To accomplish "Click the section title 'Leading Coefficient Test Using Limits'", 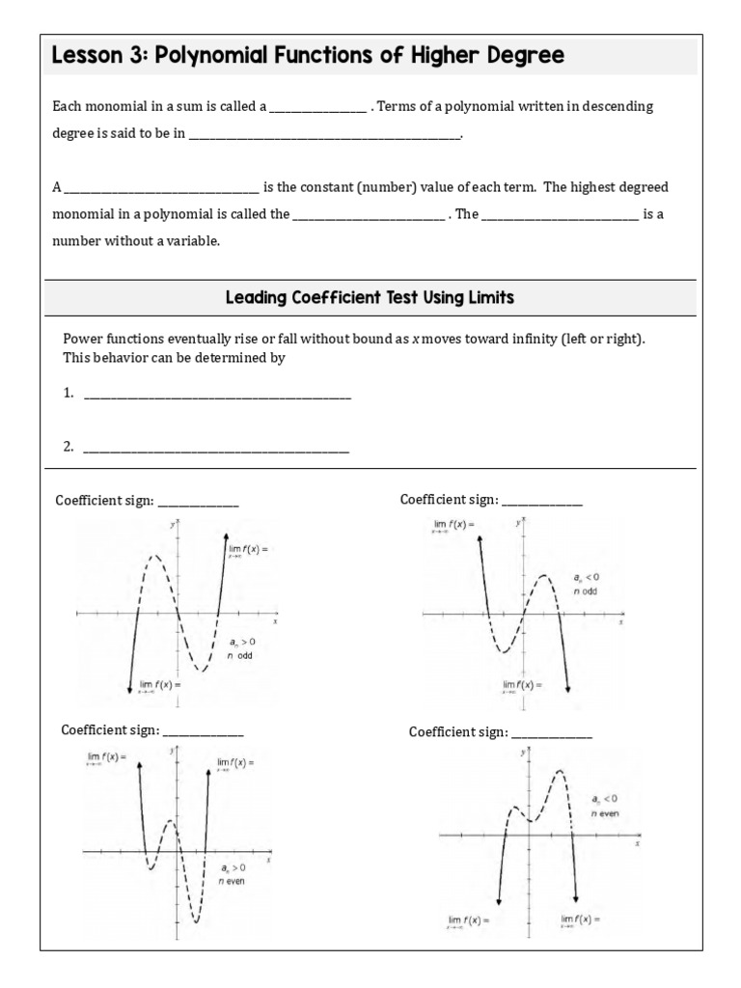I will tap(370, 298).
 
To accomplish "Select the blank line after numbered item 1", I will tap(217, 395).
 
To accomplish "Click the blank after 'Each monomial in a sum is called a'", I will tap(317, 108).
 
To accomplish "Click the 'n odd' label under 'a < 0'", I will tap(586, 590).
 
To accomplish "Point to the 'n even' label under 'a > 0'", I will tap(232, 881).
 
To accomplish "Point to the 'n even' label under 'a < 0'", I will tap(604, 813).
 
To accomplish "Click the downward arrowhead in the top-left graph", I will tap(129, 687).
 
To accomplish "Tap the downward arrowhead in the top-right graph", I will tap(567, 687).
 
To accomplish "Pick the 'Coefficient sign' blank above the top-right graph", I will tap(542, 501).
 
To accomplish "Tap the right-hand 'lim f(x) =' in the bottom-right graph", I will tap(580, 919).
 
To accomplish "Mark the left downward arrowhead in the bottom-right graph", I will tap(499, 900).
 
